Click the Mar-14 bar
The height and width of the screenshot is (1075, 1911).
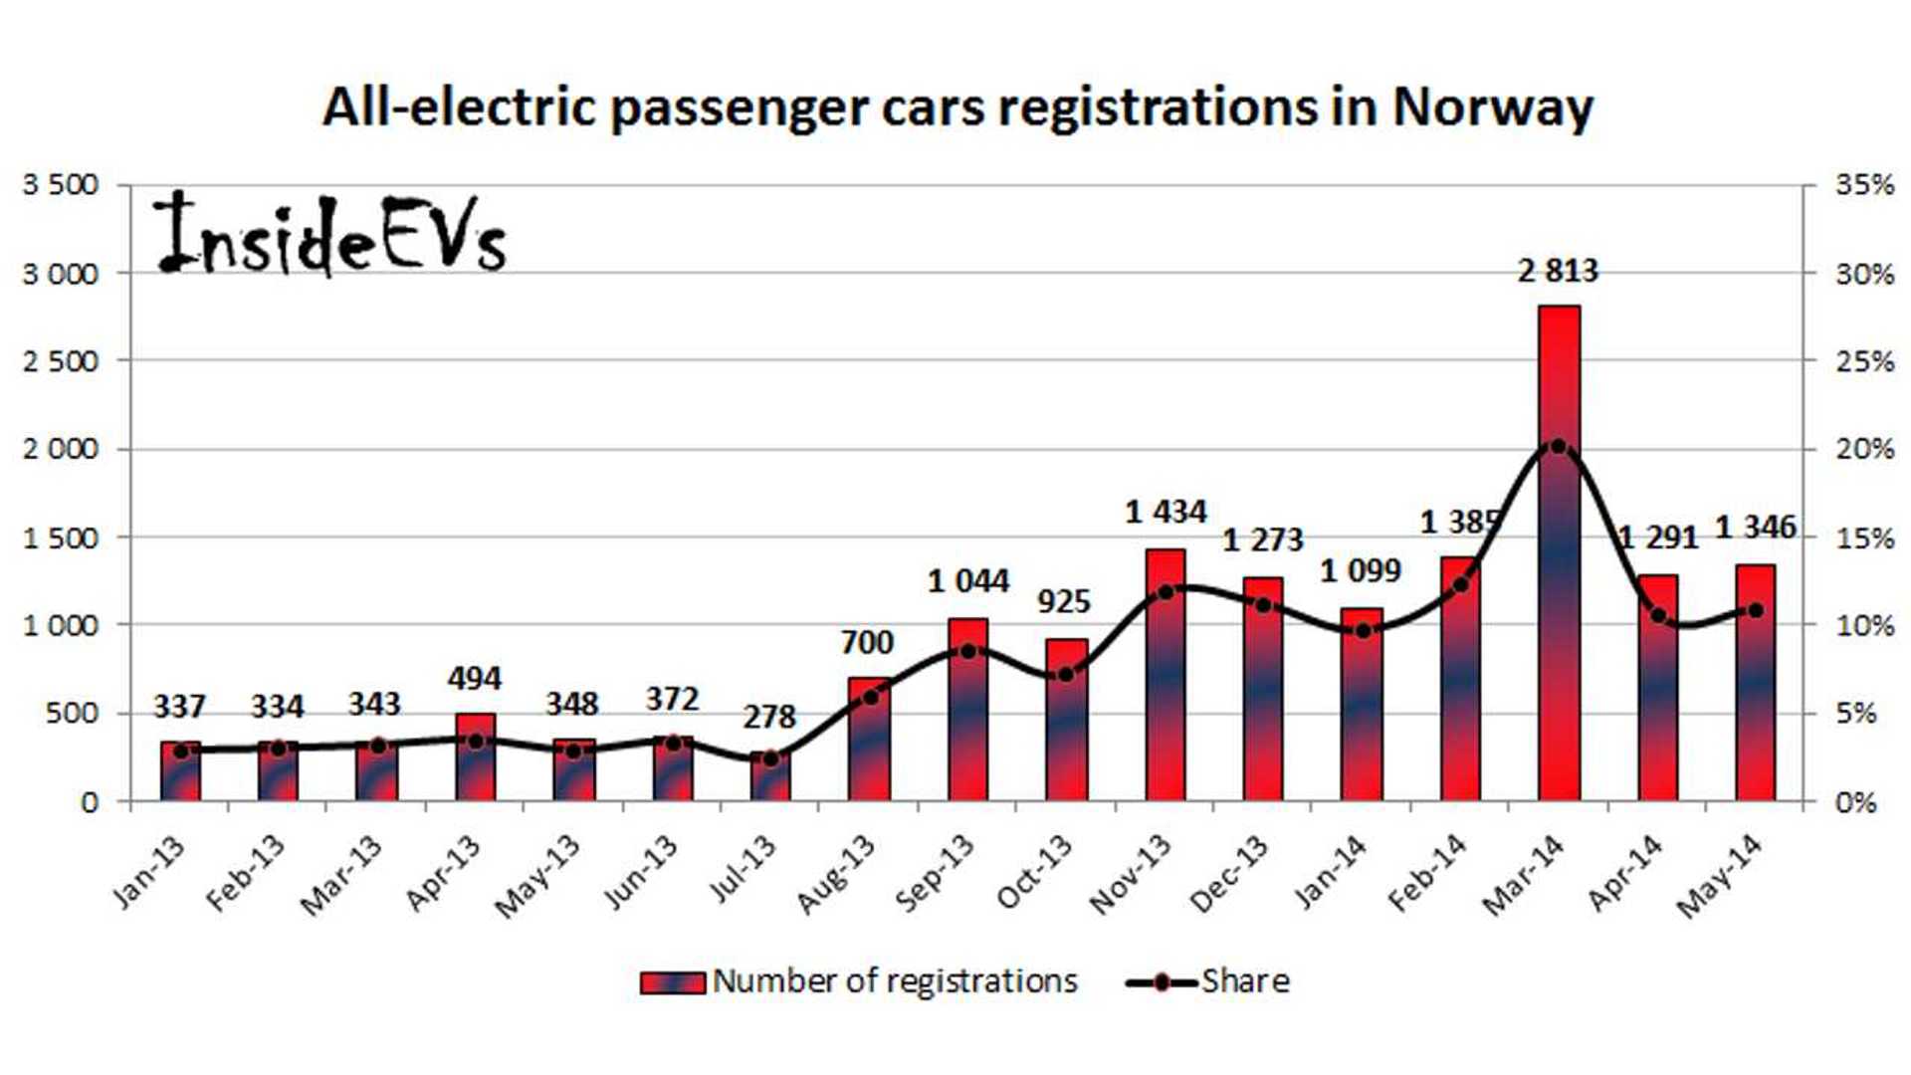(x=1558, y=557)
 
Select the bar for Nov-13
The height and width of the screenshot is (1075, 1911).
(x=1166, y=677)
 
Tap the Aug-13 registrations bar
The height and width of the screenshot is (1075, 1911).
(x=869, y=742)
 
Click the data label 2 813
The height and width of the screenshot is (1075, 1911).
(x=1558, y=271)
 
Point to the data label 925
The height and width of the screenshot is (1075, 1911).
(x=1064, y=601)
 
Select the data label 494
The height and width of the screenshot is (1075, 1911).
(x=475, y=679)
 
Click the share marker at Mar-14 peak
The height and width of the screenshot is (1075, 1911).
(x=1558, y=447)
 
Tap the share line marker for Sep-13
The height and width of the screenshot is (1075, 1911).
(x=968, y=651)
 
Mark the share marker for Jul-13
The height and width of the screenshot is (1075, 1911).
(x=769, y=758)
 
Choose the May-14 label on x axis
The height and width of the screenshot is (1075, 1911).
(x=1719, y=876)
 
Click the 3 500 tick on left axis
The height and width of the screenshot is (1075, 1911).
(x=62, y=185)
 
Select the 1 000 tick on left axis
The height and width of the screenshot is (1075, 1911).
(x=62, y=625)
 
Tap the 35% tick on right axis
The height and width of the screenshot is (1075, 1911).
(x=1863, y=185)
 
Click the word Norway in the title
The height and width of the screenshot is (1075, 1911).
(x=1492, y=107)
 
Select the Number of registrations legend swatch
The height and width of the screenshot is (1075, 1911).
(x=672, y=982)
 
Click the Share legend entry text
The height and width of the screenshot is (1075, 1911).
(x=1244, y=981)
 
